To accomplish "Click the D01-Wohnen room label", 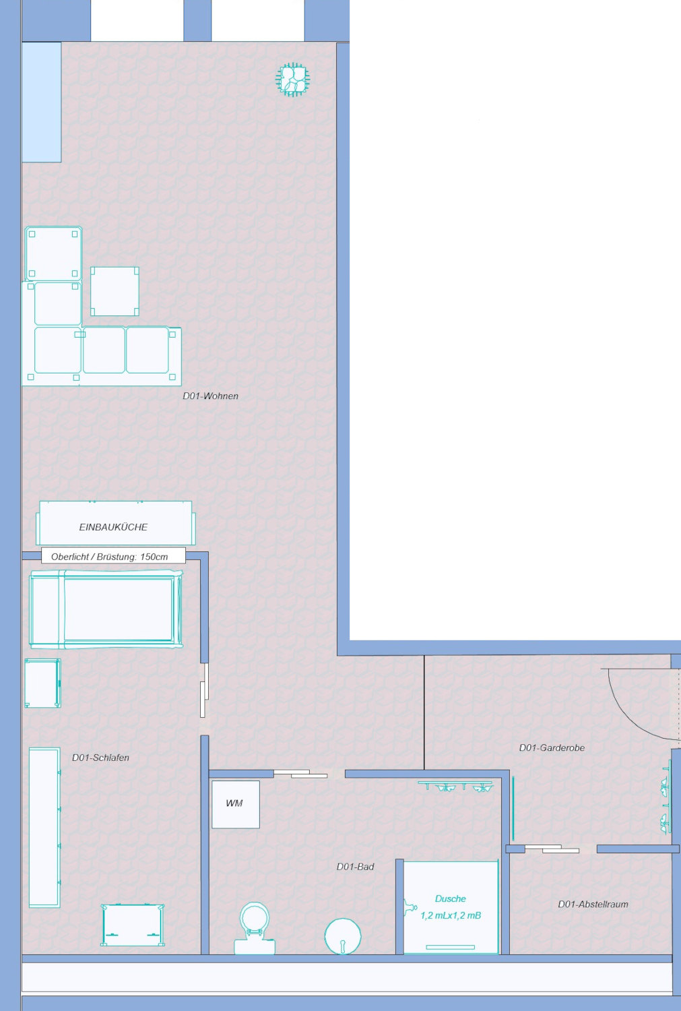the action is pyautogui.click(x=210, y=396).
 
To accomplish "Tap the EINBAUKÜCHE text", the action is pyautogui.click(x=113, y=526).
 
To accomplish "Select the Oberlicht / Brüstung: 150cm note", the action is pyautogui.click(x=110, y=557).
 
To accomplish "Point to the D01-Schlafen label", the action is pyautogui.click(x=100, y=758).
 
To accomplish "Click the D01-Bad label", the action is pyautogui.click(x=356, y=867).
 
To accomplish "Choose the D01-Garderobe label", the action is pyautogui.click(x=552, y=747).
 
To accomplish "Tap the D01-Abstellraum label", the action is pyautogui.click(x=593, y=904).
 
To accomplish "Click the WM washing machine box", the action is pyautogui.click(x=235, y=804).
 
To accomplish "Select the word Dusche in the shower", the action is pyautogui.click(x=450, y=898).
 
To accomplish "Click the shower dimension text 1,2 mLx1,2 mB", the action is pyautogui.click(x=451, y=915).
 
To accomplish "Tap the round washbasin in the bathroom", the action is pyautogui.click(x=343, y=937).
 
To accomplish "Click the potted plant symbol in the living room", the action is pyautogui.click(x=293, y=80).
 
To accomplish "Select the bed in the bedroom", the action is pyautogui.click(x=106, y=609).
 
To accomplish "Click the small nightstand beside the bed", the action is pyautogui.click(x=42, y=683).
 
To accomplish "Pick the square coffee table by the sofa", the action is pyautogui.click(x=115, y=291).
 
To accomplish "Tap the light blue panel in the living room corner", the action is pyautogui.click(x=42, y=102).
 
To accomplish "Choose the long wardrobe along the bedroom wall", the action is pyautogui.click(x=44, y=827).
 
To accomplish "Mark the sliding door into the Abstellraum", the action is pyautogui.click(x=552, y=849).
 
